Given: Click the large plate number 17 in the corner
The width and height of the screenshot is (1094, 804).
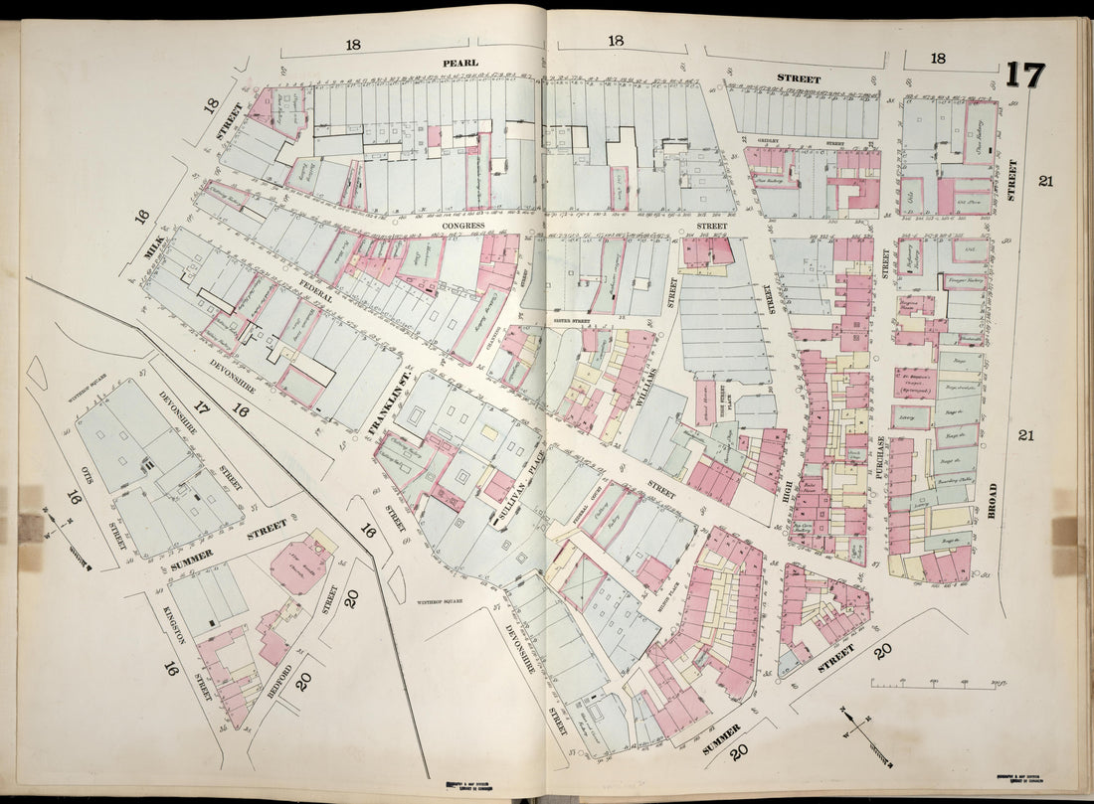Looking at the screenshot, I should click(1023, 76).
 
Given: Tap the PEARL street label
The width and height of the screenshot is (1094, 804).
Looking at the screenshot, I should click(460, 63).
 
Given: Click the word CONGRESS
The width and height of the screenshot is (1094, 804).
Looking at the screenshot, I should click(463, 226).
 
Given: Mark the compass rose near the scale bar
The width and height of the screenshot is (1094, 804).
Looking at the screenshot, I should click(861, 732).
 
